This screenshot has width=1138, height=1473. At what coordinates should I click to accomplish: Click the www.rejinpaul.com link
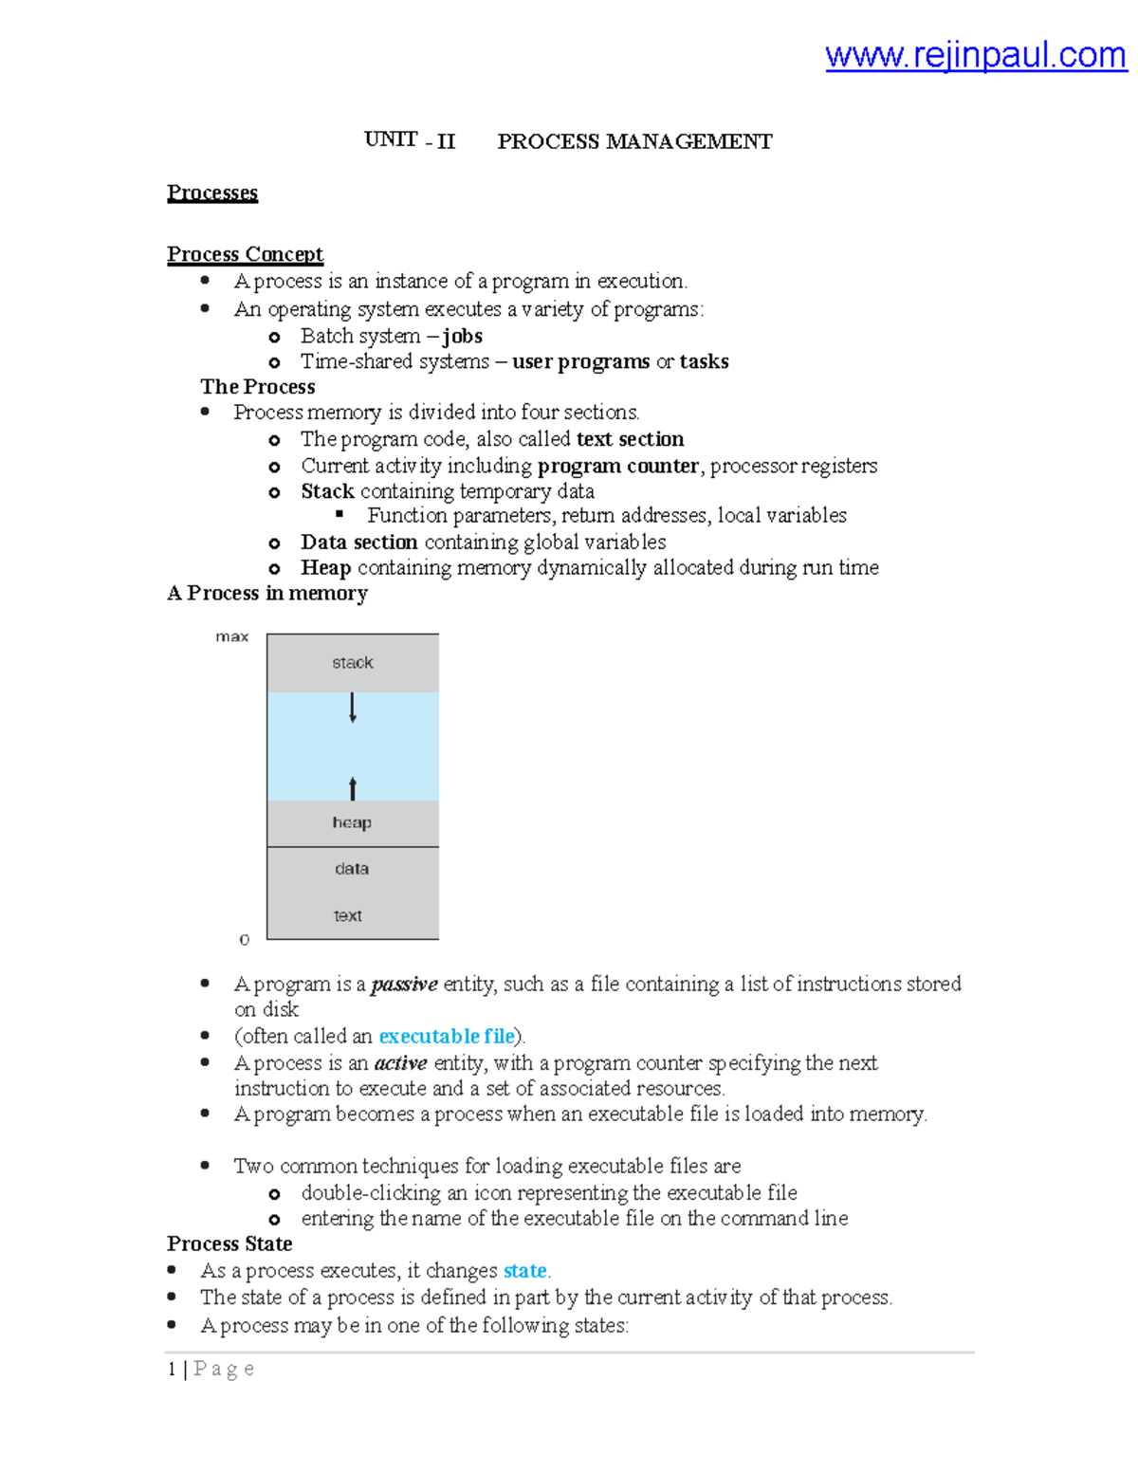click(x=975, y=55)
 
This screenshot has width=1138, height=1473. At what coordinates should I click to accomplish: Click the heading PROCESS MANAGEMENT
click(x=634, y=141)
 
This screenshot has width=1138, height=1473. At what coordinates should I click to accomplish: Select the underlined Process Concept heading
click(x=245, y=254)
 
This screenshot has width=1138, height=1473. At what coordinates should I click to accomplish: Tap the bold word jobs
click(x=463, y=336)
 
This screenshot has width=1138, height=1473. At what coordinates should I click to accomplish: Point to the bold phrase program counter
click(x=618, y=466)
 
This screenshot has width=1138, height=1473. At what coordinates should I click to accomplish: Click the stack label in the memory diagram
click(x=352, y=663)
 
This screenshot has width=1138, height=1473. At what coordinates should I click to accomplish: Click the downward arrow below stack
click(x=353, y=708)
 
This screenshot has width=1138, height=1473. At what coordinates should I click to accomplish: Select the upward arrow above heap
click(x=353, y=787)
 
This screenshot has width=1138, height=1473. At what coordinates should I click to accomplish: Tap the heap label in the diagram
click(x=352, y=822)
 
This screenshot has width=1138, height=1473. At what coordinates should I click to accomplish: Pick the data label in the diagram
click(x=352, y=869)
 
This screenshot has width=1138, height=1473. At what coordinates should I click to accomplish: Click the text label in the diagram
click(x=348, y=915)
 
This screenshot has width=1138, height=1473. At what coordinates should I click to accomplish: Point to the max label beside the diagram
click(x=231, y=636)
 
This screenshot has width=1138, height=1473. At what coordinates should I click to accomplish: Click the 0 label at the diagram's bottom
click(x=245, y=939)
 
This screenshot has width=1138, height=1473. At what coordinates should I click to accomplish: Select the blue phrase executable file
click(x=446, y=1036)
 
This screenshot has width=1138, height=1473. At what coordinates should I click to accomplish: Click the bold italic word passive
click(x=404, y=985)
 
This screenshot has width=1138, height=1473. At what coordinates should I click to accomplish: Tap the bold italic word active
click(x=400, y=1063)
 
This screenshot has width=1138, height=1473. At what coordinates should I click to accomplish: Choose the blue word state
click(x=524, y=1270)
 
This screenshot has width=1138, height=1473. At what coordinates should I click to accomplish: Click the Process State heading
click(x=229, y=1243)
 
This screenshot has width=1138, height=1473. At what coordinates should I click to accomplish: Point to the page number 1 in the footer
click(x=172, y=1369)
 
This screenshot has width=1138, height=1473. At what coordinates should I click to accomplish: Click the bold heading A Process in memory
click(x=267, y=593)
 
